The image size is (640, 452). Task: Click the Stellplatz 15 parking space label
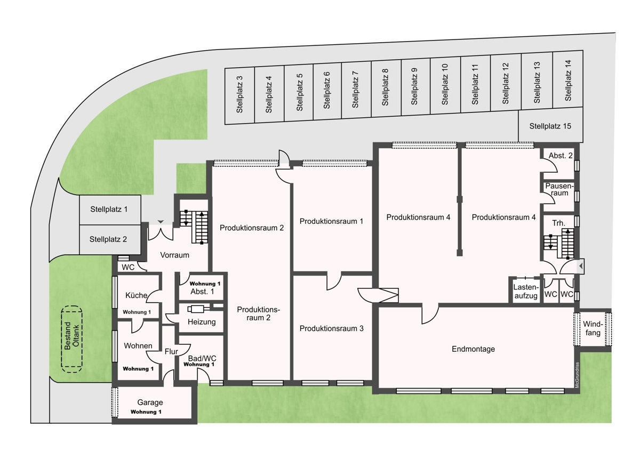tap(550, 126)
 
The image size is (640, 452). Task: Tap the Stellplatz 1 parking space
tap(110, 210)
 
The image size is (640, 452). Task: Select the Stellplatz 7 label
tap(355, 90)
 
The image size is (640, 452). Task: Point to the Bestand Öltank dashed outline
tap(71, 339)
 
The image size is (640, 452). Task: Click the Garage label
tap(150, 402)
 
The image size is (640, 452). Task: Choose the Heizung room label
tap(202, 322)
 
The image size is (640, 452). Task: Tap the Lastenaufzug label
tap(526, 292)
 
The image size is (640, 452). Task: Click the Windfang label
tap(593, 328)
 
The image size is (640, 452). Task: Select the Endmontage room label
tap(473, 349)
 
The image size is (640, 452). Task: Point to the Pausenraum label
tap(559, 190)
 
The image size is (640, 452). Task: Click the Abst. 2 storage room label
tap(561, 156)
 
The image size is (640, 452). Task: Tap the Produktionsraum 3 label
tap(331, 328)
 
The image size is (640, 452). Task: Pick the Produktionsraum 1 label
tap(331, 221)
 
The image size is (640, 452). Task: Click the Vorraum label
tap(174, 255)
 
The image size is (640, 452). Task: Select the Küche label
tap(137, 295)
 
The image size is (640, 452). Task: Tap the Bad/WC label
tap(202, 358)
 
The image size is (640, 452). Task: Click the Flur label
tap(171, 351)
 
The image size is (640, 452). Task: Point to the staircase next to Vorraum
tap(194, 227)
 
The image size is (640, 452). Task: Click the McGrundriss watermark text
tap(577, 375)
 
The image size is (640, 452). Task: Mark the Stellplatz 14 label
tap(568, 80)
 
